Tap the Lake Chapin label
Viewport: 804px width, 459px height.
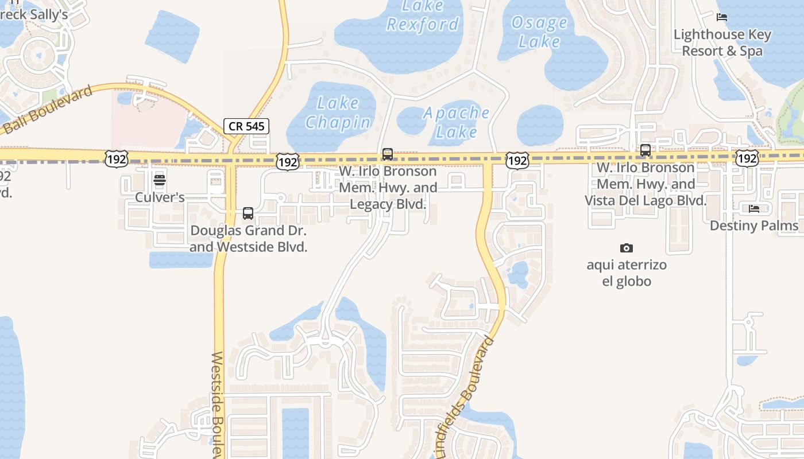click(x=338, y=112)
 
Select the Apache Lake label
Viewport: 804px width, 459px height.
click(x=457, y=122)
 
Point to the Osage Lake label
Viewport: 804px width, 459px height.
click(x=539, y=32)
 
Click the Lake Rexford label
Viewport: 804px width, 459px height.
click(x=423, y=15)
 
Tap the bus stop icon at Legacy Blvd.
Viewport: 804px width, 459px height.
click(x=388, y=154)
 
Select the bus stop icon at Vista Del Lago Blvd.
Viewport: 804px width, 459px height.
click(x=645, y=150)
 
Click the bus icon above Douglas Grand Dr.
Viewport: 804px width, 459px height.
click(x=248, y=213)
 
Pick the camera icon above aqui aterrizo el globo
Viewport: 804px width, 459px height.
click(x=627, y=248)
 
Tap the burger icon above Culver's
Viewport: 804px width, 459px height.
click(x=160, y=180)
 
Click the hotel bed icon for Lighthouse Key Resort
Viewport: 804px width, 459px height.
click(x=722, y=17)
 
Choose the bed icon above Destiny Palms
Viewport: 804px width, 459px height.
click(x=754, y=208)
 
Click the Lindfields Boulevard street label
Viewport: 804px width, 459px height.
click(x=465, y=397)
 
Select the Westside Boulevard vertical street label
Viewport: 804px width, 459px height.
click(x=218, y=404)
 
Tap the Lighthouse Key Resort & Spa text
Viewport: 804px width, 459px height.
click(x=722, y=42)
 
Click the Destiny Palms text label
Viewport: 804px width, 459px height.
click(x=754, y=225)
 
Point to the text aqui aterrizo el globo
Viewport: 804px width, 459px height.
click(x=627, y=273)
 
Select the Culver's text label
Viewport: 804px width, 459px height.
click(x=160, y=197)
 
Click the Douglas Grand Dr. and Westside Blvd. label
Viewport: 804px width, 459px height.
click(x=248, y=239)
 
